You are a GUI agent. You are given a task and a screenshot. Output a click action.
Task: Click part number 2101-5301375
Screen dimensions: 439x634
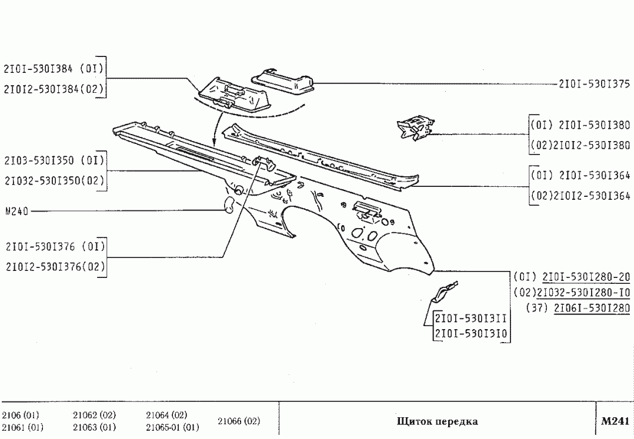[x=594, y=84]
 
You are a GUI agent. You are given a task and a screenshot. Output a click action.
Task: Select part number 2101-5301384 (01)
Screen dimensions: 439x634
[x=54, y=68]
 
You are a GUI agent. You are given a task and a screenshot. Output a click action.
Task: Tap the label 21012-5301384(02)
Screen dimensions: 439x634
[x=54, y=89]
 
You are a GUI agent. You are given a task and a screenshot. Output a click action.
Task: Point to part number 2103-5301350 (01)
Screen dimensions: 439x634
[x=54, y=160]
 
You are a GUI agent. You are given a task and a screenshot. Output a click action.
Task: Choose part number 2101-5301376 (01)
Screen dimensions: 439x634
[x=54, y=246]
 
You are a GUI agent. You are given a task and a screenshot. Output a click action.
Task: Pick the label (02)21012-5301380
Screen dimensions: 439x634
[x=580, y=145]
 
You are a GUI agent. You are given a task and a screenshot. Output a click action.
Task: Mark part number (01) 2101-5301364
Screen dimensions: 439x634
[x=580, y=175]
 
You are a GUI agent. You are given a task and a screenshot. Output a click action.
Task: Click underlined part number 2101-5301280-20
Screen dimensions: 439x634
[x=586, y=277]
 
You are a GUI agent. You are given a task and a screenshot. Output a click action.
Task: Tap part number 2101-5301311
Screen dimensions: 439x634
[x=471, y=319]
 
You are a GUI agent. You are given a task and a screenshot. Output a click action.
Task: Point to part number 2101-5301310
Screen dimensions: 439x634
[x=471, y=335]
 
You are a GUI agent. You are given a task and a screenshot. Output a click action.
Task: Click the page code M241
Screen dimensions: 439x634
[x=615, y=421]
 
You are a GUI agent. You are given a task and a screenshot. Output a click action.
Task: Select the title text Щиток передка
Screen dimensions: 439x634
[x=437, y=421]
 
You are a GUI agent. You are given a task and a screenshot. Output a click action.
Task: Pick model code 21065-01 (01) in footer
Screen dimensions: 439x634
[x=172, y=427]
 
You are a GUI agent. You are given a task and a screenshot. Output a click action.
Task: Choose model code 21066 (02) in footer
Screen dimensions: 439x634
[x=239, y=421]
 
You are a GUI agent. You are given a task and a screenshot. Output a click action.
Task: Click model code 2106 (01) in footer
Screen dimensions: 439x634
[x=21, y=415]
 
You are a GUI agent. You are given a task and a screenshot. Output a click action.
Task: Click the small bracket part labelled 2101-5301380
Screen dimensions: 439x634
[x=416, y=128]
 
